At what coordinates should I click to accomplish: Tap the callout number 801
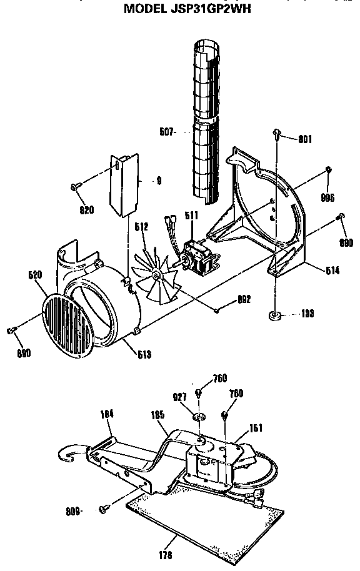[x=304, y=139]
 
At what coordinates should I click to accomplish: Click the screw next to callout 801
[x=276, y=132]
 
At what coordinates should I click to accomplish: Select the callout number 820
[x=87, y=210]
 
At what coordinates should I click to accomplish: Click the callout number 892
[x=244, y=300]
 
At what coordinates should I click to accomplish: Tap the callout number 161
[x=256, y=429]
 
